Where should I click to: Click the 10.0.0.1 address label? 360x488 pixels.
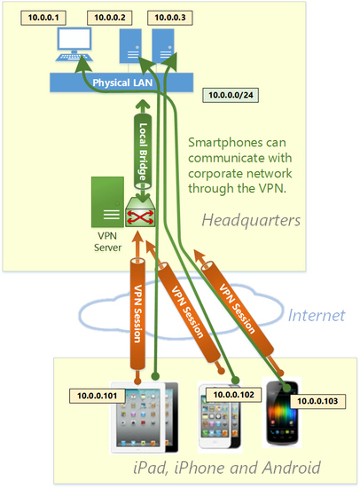pyautogui.click(x=43, y=18)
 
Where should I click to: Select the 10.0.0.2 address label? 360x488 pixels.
pyautogui.click(x=110, y=18)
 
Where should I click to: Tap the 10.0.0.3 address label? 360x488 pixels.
pyautogui.click(x=170, y=18)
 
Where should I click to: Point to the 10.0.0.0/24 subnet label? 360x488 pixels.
pyautogui.click(x=231, y=95)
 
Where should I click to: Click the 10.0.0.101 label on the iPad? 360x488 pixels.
pyautogui.click(x=97, y=396)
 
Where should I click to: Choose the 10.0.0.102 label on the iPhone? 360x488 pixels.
pyautogui.click(x=234, y=395)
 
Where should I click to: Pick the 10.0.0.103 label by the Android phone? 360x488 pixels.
pyautogui.click(x=317, y=401)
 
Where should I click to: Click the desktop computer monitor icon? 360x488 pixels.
pyautogui.click(x=74, y=44)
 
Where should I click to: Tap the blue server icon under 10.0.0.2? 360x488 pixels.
pyautogui.click(x=130, y=46)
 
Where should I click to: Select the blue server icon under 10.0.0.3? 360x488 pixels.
pyautogui.click(x=163, y=46)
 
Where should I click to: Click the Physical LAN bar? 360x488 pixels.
pyautogui.click(x=121, y=83)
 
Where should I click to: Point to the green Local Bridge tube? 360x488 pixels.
pyautogui.click(x=143, y=151)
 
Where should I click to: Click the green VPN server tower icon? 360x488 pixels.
pyautogui.click(x=107, y=202)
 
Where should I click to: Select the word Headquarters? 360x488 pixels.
pyautogui.click(x=251, y=221)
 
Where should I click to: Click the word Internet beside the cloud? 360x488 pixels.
pyautogui.click(x=317, y=315)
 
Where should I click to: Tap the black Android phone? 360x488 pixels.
pyautogui.click(x=282, y=413)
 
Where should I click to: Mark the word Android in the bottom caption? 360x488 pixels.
pyautogui.click(x=291, y=468)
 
